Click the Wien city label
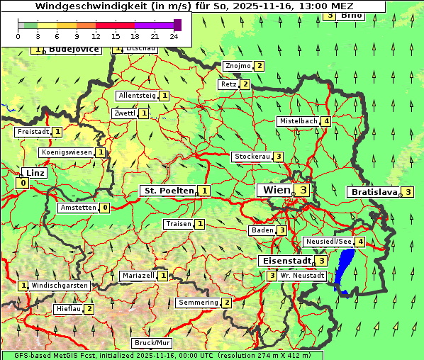pos(277,190)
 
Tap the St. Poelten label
pos(168,191)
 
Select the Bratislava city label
pos(373,192)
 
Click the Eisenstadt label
pos(286,261)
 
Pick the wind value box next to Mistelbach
pos(325,121)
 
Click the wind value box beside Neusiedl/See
pos(360,242)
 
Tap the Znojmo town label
pos(238,66)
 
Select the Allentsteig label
pos(137,96)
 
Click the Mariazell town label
pos(138,275)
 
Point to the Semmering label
pos(198,303)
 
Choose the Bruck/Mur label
pos(152,343)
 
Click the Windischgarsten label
pos(60,286)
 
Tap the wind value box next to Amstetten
pos(105,208)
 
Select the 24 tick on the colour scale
pos(174,35)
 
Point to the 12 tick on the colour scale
pos(96,35)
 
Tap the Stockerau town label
pos(252,157)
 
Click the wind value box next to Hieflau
pos(89,309)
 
